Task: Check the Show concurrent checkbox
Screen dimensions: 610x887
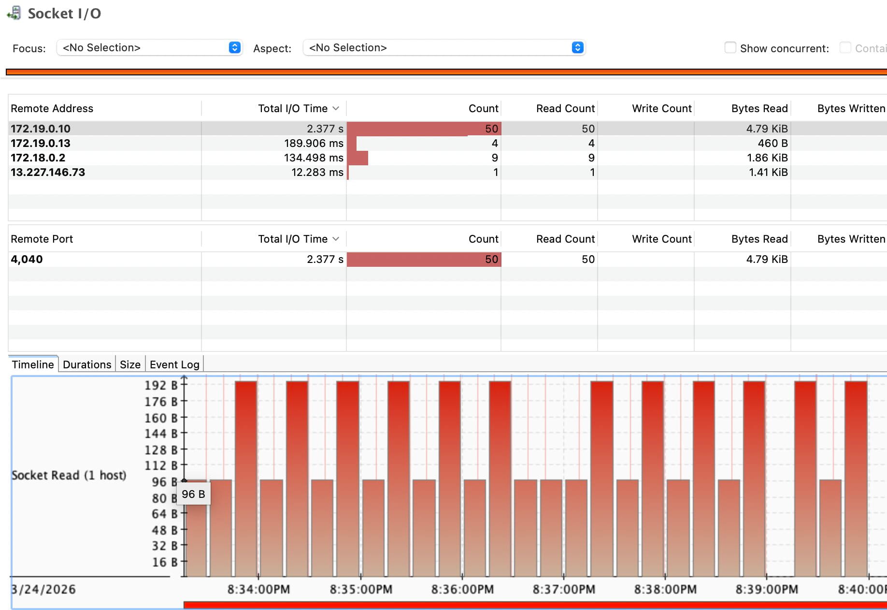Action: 730,47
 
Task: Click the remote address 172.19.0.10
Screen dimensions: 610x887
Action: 41,129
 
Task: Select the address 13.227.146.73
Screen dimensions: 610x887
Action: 48,172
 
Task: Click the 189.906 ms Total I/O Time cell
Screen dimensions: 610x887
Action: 314,143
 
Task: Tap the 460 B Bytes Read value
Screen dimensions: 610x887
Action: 773,143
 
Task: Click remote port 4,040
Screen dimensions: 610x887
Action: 27,259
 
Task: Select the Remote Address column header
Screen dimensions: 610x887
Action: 52,108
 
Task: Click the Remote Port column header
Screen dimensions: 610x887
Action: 42,239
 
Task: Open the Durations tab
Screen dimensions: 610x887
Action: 87,364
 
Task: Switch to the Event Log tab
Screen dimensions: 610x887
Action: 174,364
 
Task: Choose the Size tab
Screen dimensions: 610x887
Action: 130,364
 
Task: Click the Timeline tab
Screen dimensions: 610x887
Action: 33,364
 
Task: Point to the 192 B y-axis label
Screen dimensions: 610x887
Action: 161,385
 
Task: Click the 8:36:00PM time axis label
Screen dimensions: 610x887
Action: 462,589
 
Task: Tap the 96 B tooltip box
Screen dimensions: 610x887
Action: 193,494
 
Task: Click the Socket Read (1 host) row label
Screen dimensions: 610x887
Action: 69,475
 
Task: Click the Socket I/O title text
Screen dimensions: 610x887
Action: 64,14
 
